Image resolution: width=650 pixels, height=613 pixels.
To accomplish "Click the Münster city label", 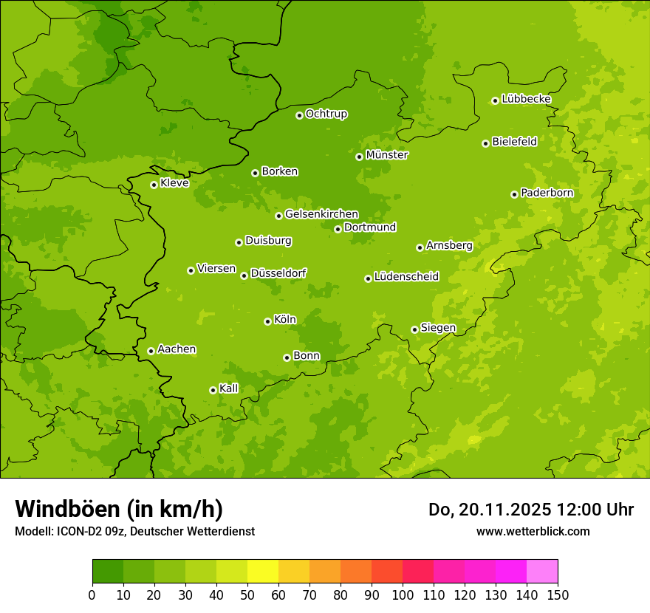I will pyautogui.click(x=387, y=155).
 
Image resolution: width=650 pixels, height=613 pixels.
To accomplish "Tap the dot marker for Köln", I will pyautogui.click(x=267, y=321).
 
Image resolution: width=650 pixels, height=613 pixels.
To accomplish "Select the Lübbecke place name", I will pyautogui.click(x=526, y=99).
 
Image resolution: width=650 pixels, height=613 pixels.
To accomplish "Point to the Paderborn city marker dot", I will pyautogui.click(x=514, y=194).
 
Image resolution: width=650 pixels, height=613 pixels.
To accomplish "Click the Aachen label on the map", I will pyautogui.click(x=177, y=349).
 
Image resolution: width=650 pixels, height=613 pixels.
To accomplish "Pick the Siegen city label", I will pyautogui.click(x=438, y=328).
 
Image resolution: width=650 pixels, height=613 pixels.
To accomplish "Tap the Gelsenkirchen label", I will pyautogui.click(x=321, y=214).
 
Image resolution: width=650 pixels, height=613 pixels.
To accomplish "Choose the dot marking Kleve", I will pyautogui.click(x=154, y=185).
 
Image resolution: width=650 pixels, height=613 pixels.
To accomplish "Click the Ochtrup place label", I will pyautogui.click(x=326, y=114).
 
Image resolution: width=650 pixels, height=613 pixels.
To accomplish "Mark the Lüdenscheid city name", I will pyautogui.click(x=406, y=277).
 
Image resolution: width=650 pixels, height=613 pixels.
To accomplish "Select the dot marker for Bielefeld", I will pyautogui.click(x=485, y=143).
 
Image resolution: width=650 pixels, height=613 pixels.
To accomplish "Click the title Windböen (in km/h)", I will pyautogui.click(x=119, y=509).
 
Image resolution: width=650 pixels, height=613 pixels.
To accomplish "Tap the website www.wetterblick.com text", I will pyautogui.click(x=533, y=531).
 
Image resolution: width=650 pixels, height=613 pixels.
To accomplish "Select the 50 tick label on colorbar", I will pyautogui.click(x=247, y=595).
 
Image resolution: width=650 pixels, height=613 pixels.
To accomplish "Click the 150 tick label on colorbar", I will pyautogui.click(x=558, y=595).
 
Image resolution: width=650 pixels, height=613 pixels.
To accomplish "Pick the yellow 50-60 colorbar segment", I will pyautogui.click(x=263, y=572).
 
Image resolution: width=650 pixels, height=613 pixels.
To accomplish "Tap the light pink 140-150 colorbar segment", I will pyautogui.click(x=542, y=572).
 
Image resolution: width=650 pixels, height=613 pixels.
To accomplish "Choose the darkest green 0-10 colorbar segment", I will pyautogui.click(x=108, y=572).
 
